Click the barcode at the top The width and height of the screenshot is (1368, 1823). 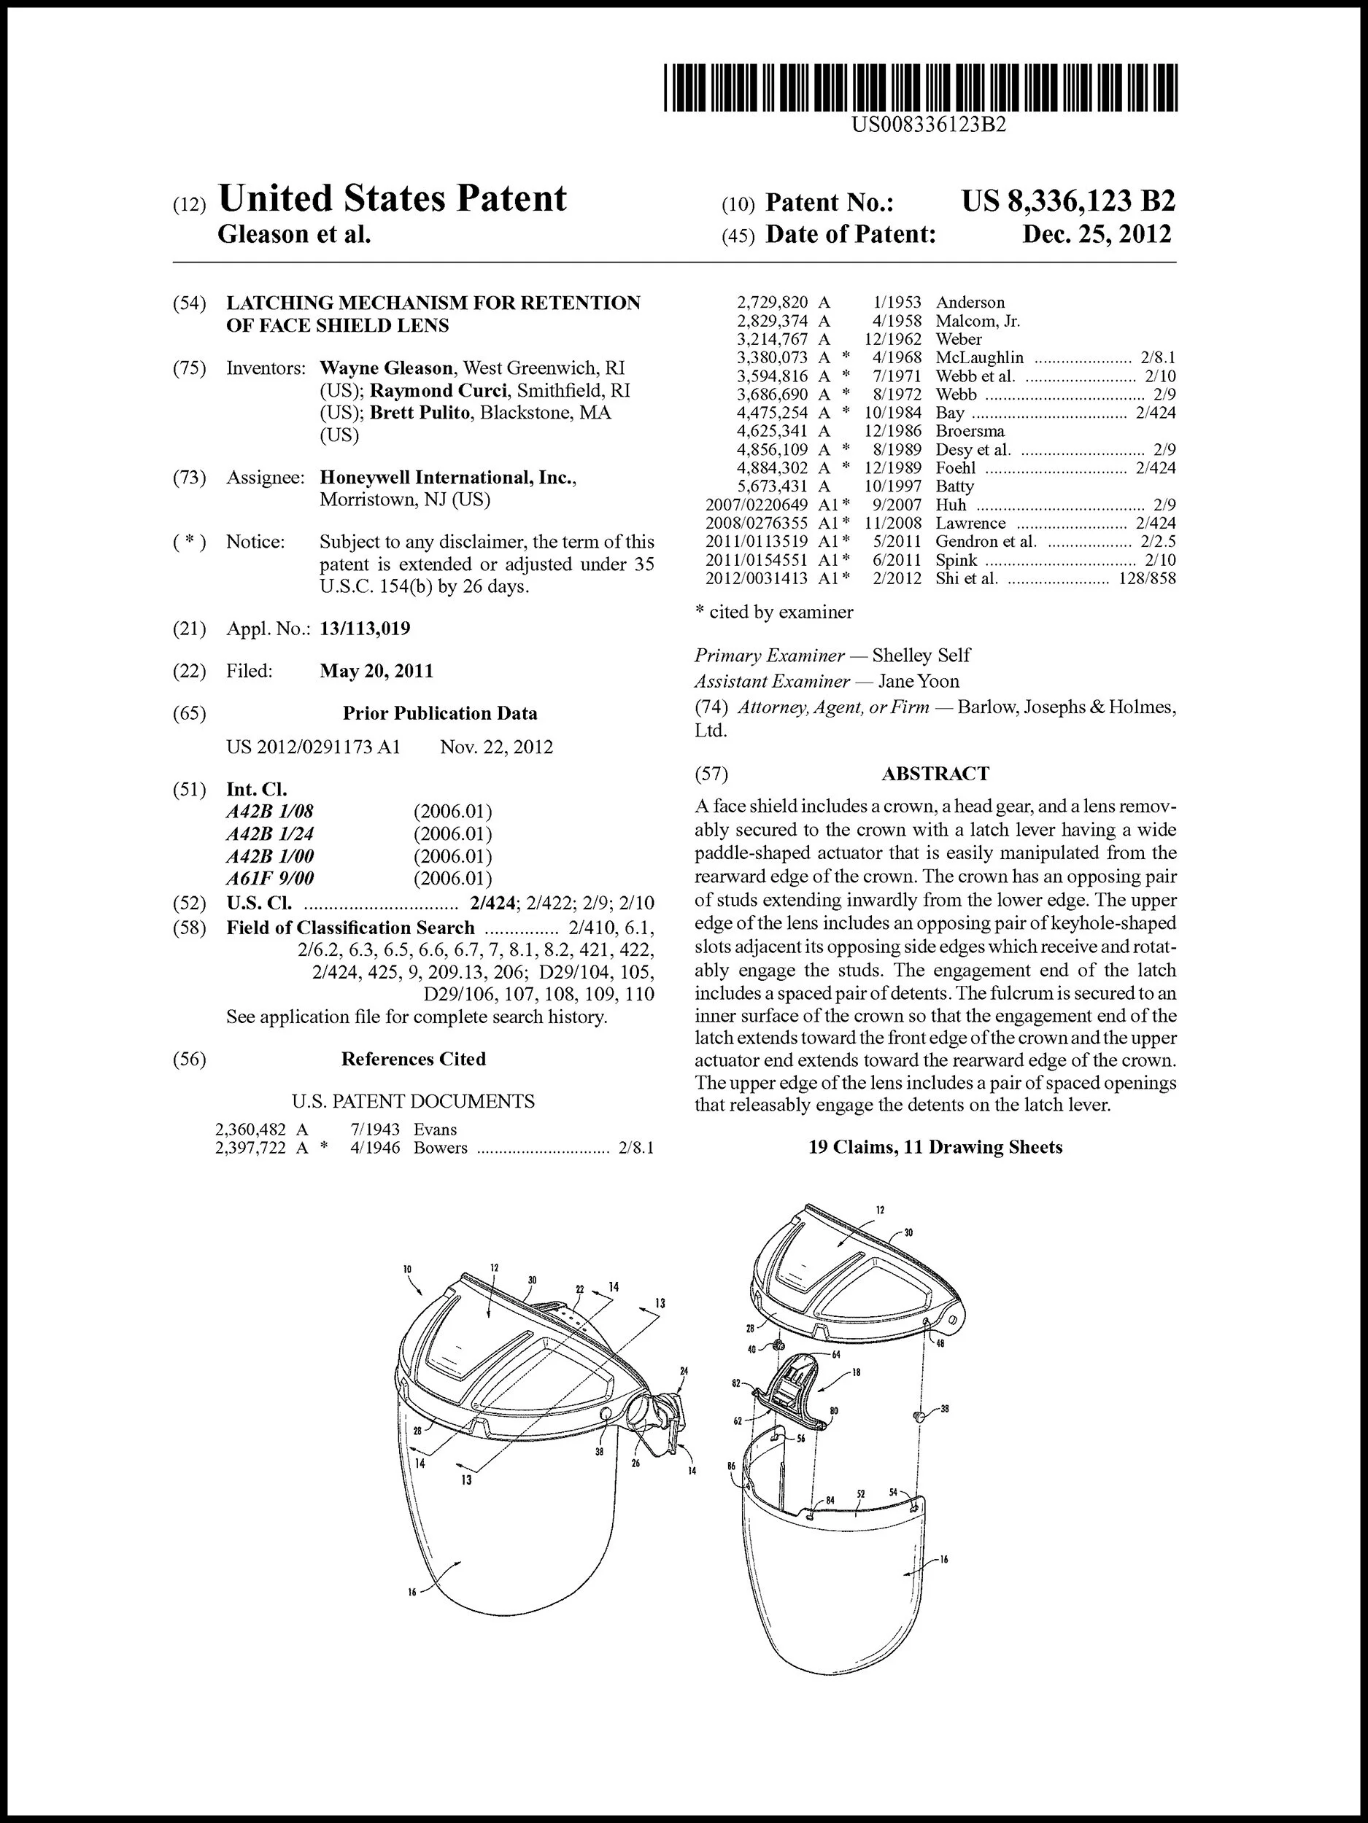[x=921, y=88]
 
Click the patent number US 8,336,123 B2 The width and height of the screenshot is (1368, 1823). [x=1068, y=201]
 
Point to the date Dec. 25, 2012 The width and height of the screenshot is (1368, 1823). [x=1096, y=235]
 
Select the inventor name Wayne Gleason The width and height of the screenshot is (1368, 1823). [x=386, y=368]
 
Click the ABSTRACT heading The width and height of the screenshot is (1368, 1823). [x=935, y=773]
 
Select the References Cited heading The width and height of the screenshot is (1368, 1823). [x=413, y=1059]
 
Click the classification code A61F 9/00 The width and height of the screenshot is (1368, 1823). [x=270, y=879]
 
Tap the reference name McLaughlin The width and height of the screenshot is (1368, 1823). [x=980, y=358]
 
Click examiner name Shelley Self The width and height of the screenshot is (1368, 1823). [x=920, y=656]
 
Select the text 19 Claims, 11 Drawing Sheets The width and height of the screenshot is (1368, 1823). [x=935, y=1147]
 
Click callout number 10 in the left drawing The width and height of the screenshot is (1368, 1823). [x=408, y=1270]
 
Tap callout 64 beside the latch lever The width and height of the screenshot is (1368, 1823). [x=835, y=1354]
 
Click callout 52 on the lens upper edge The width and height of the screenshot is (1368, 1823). [x=860, y=1493]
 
